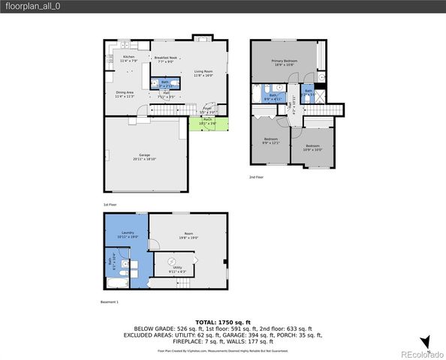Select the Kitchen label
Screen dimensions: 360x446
(x=128, y=58)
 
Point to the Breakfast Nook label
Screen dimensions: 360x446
(x=165, y=60)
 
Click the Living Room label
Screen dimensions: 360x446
(x=203, y=73)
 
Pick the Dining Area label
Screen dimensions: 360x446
(x=125, y=94)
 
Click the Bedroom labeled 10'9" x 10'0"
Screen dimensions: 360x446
(x=312, y=147)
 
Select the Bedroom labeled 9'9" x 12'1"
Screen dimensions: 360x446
(x=270, y=140)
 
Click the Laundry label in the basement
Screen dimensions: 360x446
(x=128, y=235)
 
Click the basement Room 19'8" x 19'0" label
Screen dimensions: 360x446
(x=187, y=235)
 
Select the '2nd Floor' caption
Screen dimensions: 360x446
(x=256, y=178)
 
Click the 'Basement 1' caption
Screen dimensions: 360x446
(x=110, y=301)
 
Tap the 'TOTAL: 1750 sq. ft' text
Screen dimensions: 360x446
(x=223, y=321)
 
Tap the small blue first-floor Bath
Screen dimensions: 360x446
(x=165, y=83)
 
